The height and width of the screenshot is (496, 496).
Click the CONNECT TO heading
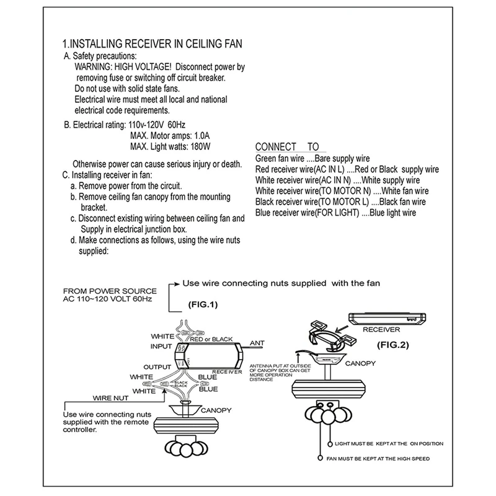pos(286,147)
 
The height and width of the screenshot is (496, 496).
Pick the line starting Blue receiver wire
pos(335,213)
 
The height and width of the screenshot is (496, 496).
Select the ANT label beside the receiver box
pos(257,342)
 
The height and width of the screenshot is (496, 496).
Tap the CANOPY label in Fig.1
pos(215,410)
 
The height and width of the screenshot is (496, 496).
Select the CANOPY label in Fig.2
pos(359,364)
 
